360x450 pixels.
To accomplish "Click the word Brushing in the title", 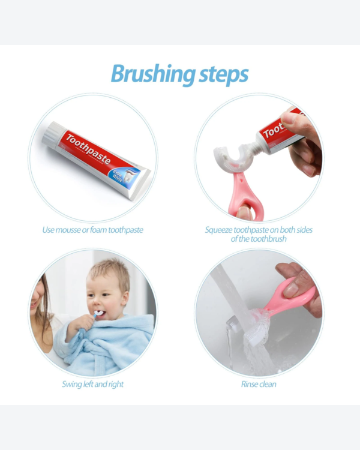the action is (x=153, y=74).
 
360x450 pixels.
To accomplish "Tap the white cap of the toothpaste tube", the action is (x=51, y=134).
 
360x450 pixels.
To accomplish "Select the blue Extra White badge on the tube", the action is (x=123, y=178).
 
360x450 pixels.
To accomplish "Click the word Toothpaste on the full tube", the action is (x=88, y=149).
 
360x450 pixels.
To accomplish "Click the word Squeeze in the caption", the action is (x=218, y=230).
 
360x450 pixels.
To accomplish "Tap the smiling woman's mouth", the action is (x=33, y=303).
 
